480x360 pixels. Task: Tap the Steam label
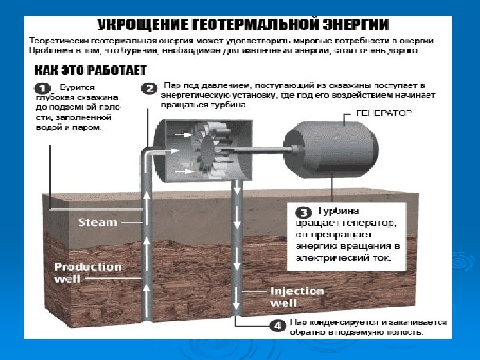97,222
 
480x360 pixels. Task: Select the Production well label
88,272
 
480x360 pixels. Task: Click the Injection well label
296,297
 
